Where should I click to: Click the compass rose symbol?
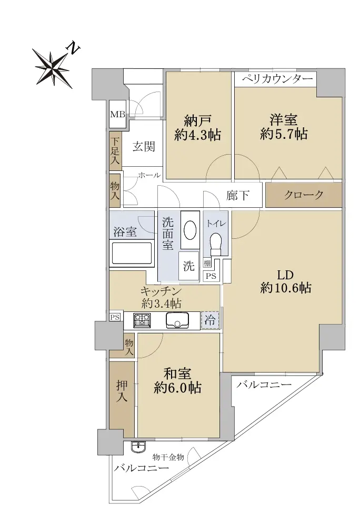coord(53,68)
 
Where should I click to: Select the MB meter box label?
coord(117,114)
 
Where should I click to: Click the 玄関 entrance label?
coord(143,147)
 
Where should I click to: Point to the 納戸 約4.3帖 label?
coord(197,127)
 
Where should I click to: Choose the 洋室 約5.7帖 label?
coord(284,127)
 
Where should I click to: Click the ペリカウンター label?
coord(277,79)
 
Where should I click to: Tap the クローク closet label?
coord(304,195)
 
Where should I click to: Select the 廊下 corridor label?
coord(237,195)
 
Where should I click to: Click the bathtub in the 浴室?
coord(132,254)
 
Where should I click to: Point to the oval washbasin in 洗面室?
coord(190,230)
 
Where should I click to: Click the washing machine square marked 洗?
coord(188,266)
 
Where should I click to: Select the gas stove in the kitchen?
coord(142,320)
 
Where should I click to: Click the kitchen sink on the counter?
coord(178,320)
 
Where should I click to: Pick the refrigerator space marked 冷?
coord(210,320)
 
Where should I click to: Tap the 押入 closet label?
coord(122,391)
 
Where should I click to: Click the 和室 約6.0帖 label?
coord(177,380)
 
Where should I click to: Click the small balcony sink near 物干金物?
coord(138,447)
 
